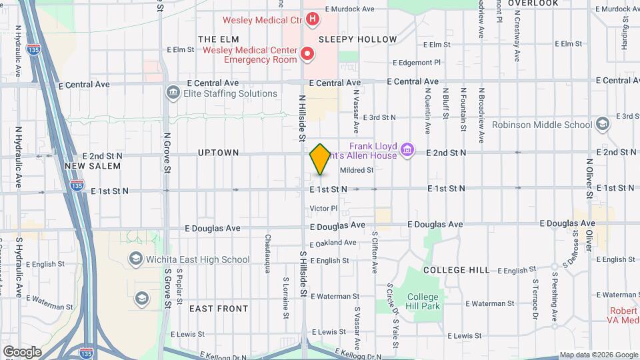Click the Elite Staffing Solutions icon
(173, 92)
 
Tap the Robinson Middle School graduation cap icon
(603, 124)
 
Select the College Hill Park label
(423, 301)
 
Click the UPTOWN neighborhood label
(218, 153)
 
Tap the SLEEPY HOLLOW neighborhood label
(357, 39)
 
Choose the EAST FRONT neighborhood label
(219, 309)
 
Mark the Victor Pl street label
(324, 209)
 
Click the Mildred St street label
(357, 170)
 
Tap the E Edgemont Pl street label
(417, 62)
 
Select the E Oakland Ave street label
(333, 243)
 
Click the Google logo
(22, 351)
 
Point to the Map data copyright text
(598, 355)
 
